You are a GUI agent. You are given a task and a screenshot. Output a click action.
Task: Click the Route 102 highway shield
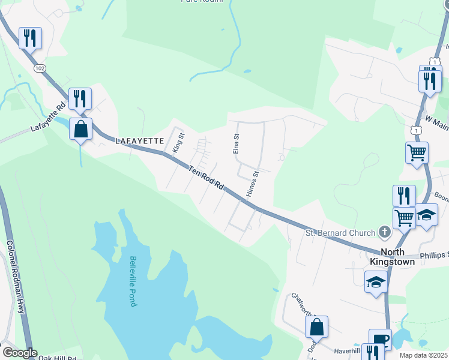(40, 68)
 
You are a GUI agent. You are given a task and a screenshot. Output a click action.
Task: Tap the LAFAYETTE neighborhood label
(140, 140)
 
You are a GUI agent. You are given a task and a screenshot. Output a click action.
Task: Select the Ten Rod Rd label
(206, 179)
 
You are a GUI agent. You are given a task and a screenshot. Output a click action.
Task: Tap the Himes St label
(252, 184)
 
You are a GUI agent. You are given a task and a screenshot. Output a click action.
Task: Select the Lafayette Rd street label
(48, 120)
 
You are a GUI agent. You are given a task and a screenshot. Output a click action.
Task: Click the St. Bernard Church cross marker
(385, 232)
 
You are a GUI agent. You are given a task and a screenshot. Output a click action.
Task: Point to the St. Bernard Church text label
(340, 233)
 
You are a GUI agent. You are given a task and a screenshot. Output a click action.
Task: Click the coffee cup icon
(380, 340)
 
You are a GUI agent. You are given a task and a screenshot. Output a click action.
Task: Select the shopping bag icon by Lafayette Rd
(80, 129)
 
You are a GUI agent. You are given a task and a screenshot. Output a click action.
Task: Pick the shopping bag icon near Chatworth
(317, 327)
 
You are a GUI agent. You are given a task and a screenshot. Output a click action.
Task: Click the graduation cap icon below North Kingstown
(376, 280)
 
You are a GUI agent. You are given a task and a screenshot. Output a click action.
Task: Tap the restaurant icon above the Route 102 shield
(29, 38)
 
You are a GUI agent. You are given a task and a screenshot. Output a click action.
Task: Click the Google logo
(20, 353)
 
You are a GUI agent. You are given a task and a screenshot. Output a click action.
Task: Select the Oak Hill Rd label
(58, 358)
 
